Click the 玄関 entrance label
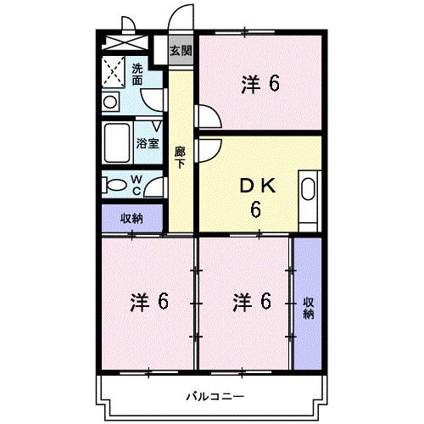180,51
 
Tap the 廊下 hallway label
180,159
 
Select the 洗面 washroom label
137,73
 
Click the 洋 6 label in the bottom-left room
149,301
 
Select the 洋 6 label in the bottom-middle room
254,301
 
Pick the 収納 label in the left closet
131,218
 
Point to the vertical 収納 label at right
307,308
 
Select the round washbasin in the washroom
110,101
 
